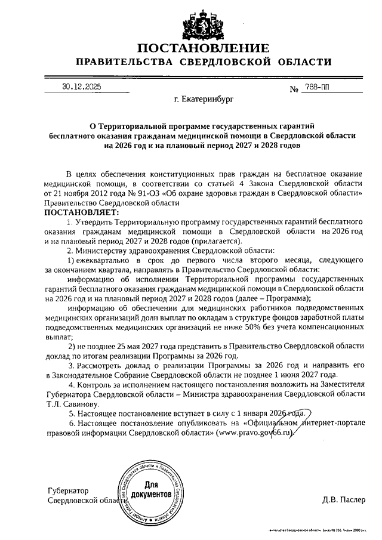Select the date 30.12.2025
[x=81, y=87]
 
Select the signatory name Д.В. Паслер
[x=343, y=499]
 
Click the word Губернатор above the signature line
[x=67, y=490]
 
